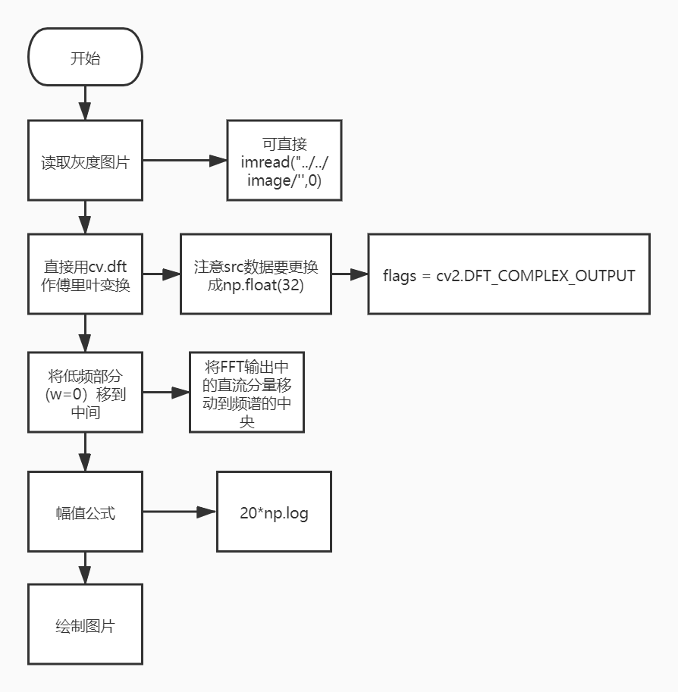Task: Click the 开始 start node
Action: pos(85,58)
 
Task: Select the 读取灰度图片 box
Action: pos(85,161)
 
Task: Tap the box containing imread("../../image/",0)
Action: pos(284,160)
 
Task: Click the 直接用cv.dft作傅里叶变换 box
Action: pos(85,274)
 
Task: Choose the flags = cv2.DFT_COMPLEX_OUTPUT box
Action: pos(509,274)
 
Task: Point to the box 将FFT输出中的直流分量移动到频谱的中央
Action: pos(246,393)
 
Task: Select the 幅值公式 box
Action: pos(85,512)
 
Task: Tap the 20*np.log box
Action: pos(274,512)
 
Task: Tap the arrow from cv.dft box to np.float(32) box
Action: pos(162,274)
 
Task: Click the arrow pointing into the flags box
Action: pos(349,274)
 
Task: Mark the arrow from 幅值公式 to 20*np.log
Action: pos(180,512)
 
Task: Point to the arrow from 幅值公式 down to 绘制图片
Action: pos(85,568)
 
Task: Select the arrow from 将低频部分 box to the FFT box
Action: pos(166,393)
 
